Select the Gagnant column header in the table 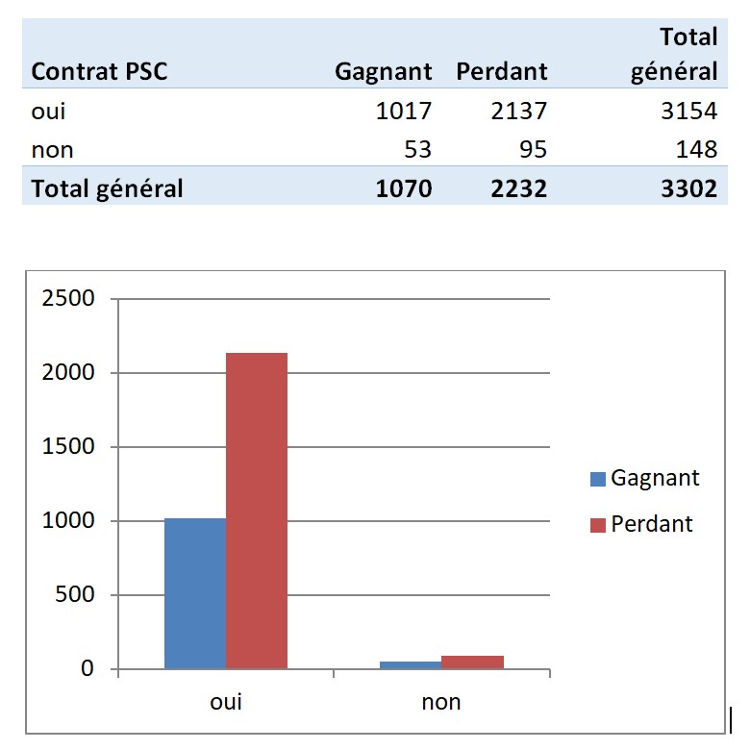point(383,71)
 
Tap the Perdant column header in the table point(501,71)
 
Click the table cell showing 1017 point(404,111)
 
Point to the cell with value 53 point(418,149)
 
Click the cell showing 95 point(531,149)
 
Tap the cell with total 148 point(696,149)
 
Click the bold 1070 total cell point(404,187)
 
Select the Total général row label point(107,187)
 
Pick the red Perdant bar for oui point(257,511)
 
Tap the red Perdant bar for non point(472,662)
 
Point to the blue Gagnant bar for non point(411,664)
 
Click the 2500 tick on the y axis point(68,298)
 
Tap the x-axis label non point(441,702)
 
